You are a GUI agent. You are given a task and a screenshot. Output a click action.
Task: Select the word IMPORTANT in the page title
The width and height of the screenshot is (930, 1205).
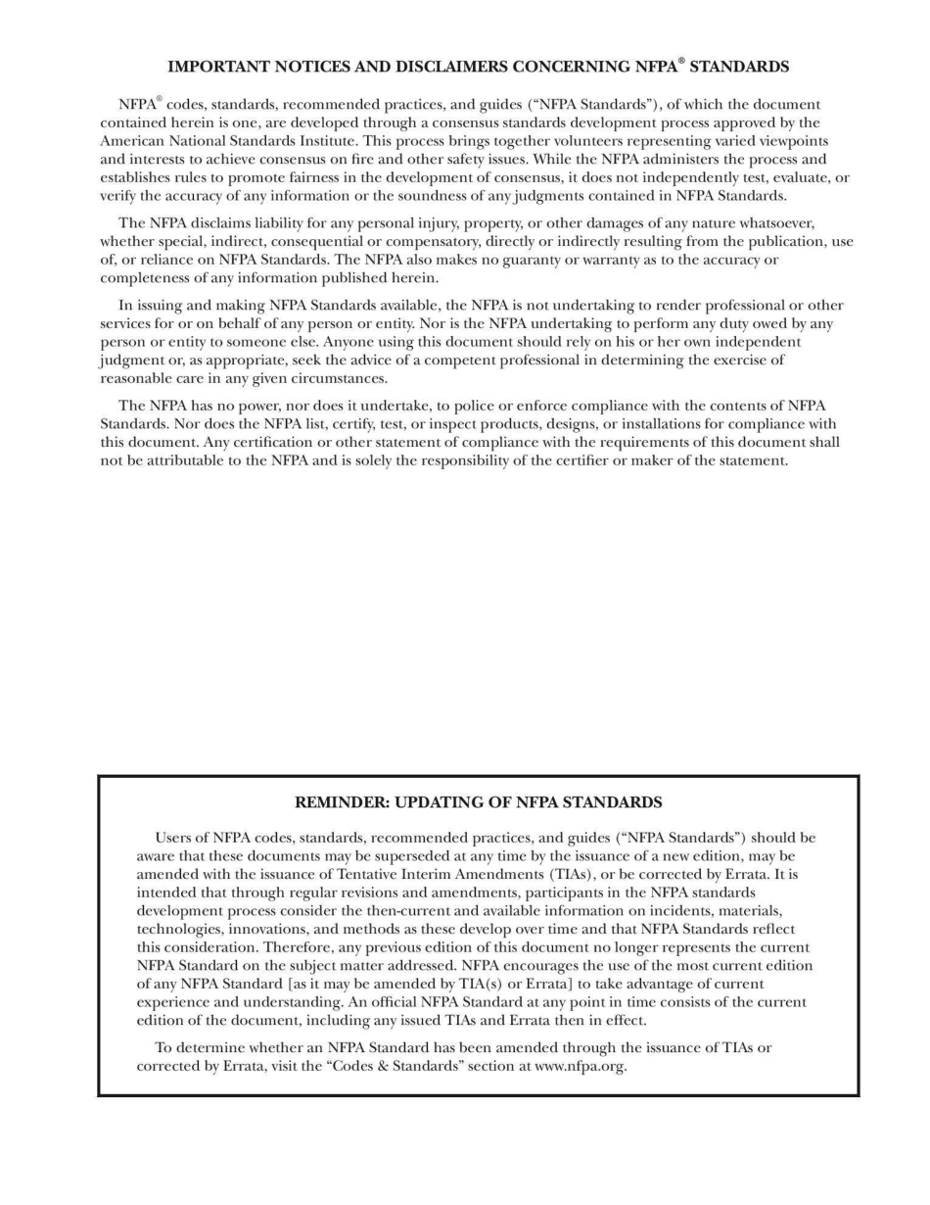point(217,67)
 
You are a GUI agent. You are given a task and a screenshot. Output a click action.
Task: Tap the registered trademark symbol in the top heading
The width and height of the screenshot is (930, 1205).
point(681,61)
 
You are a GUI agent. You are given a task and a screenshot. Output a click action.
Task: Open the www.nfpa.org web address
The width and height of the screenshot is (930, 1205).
point(579,1066)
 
